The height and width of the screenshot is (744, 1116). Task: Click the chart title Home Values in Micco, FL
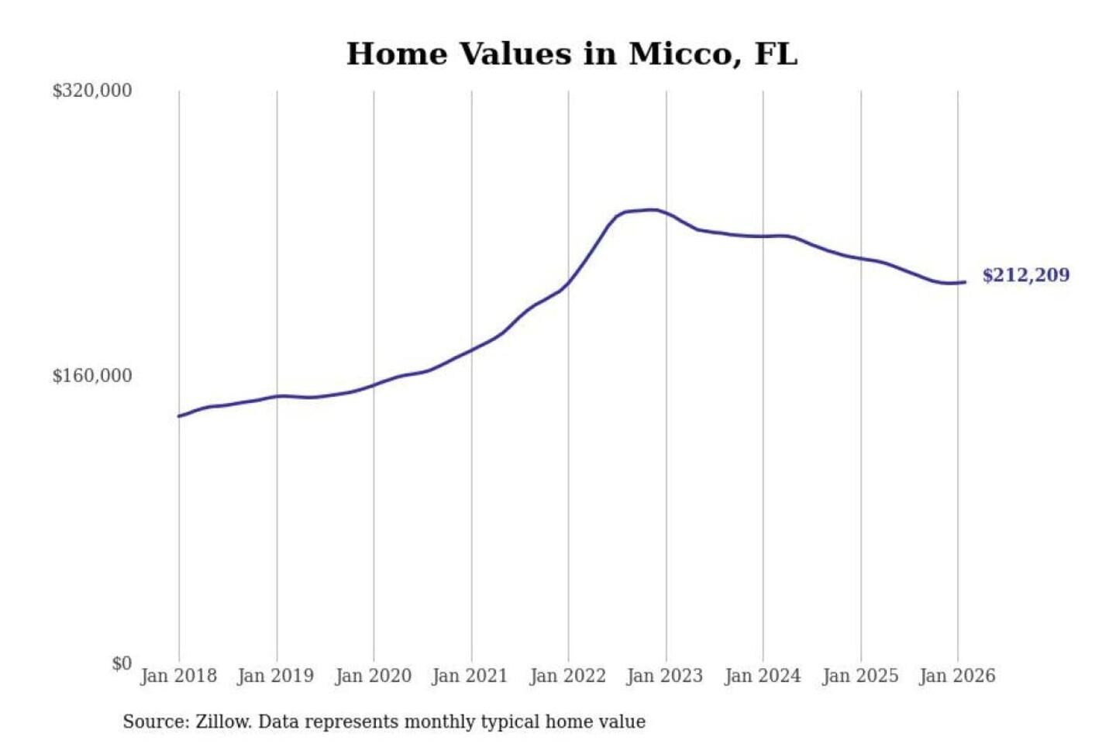point(571,53)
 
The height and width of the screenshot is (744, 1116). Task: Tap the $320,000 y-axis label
point(91,91)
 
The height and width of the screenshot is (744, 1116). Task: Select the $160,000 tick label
point(91,376)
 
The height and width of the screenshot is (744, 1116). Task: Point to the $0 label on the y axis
point(121,663)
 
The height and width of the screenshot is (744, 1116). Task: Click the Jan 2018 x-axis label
point(178,676)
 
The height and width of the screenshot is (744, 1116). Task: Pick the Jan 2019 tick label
point(276,676)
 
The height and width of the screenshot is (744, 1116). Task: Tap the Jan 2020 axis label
point(373,676)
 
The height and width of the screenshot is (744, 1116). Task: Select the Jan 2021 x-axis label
point(470,676)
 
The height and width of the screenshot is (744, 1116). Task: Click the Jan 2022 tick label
point(567,676)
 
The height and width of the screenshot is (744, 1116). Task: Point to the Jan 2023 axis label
point(664,676)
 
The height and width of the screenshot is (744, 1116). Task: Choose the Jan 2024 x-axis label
point(762,676)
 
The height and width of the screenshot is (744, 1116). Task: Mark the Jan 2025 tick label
point(859,676)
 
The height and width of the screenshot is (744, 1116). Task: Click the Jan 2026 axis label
point(956,676)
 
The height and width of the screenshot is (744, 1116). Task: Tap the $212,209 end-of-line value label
point(1025,275)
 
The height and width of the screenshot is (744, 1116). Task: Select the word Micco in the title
point(678,53)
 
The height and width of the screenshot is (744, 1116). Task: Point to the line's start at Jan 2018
point(180,416)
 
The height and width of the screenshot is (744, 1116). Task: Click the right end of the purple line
point(964,282)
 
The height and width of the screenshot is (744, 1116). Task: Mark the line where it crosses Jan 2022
point(568,284)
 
